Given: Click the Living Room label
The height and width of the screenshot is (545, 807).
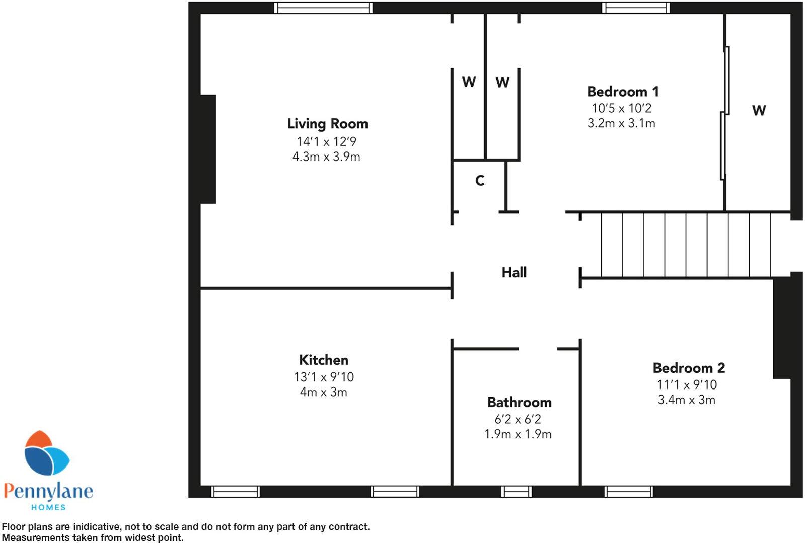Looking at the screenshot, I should [x=327, y=124].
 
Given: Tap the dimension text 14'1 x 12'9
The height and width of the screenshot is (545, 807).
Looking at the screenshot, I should [x=326, y=142].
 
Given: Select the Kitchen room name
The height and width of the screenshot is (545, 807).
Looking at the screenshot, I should [x=323, y=360].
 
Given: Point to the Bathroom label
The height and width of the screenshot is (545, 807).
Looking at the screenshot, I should [x=519, y=403].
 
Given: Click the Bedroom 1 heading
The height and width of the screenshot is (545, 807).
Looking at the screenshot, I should [x=623, y=92].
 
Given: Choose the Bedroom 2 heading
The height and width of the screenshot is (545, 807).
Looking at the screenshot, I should [x=689, y=368].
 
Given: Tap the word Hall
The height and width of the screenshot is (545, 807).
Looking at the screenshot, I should [x=514, y=272].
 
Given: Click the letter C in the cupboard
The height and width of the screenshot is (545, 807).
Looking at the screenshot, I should [x=480, y=181].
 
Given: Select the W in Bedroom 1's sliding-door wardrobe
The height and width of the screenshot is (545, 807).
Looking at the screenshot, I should [x=759, y=110].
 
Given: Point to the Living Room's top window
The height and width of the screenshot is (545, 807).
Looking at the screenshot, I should [x=323, y=8].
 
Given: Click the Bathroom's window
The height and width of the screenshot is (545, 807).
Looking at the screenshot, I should [x=516, y=492].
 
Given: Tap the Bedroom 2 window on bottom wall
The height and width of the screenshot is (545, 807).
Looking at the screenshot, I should [x=628, y=492].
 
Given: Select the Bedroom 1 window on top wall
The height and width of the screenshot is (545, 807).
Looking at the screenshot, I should [x=636, y=8].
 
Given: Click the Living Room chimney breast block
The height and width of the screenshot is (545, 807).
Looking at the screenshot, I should [x=208, y=149].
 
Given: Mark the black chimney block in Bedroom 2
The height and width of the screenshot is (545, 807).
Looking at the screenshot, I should [x=781, y=327].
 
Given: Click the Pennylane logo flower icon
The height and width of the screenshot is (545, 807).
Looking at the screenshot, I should [x=46, y=453].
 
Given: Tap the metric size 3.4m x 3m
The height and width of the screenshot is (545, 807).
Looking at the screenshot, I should [x=686, y=400].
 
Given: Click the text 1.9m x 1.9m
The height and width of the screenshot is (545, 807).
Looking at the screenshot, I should [x=518, y=434].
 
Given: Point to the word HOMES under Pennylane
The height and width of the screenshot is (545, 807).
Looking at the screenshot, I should [x=48, y=507].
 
